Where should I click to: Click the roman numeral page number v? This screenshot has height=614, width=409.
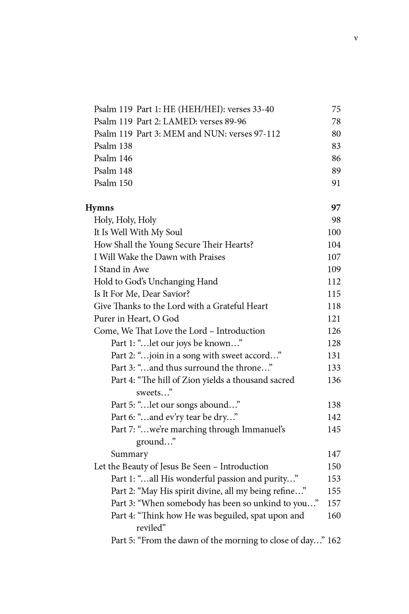356,39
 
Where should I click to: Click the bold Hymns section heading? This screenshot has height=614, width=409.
99,208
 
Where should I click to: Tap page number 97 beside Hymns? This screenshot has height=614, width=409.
336,208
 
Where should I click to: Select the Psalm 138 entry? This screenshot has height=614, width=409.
113,146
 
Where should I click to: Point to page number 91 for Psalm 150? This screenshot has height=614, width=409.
336,183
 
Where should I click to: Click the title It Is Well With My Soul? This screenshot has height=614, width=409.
138,232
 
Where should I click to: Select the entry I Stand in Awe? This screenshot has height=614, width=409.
121,269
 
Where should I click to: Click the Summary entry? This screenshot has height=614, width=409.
129,454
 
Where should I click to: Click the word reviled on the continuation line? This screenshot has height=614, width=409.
150,528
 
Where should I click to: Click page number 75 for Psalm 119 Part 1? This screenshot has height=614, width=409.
336,109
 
